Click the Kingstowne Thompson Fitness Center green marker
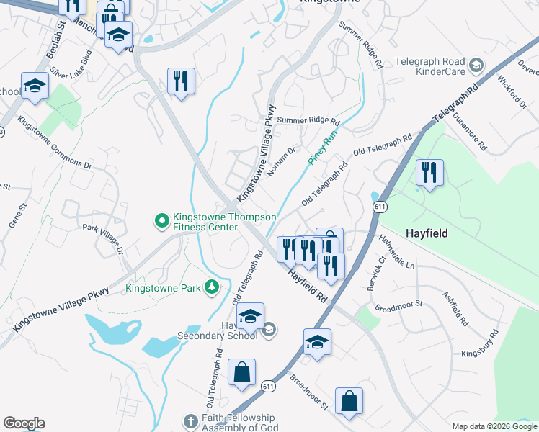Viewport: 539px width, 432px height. click(x=162, y=219)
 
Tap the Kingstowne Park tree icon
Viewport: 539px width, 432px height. click(x=212, y=288)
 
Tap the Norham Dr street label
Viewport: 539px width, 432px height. click(x=282, y=162)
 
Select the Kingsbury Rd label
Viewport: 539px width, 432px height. click(x=480, y=343)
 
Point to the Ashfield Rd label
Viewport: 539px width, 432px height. click(x=455, y=308)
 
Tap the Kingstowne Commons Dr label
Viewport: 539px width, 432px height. click(x=55, y=143)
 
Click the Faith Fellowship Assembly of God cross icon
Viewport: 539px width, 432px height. click(x=190, y=421)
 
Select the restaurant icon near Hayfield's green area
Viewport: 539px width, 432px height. click(x=429, y=173)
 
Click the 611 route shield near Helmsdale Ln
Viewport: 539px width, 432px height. click(x=380, y=207)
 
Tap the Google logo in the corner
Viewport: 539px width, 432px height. click(x=24, y=423)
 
